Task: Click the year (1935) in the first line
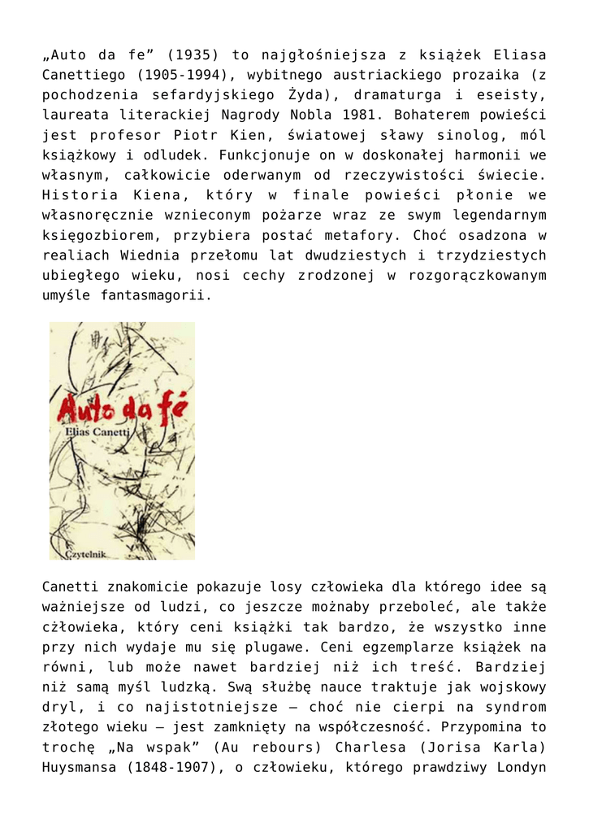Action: (191, 55)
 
